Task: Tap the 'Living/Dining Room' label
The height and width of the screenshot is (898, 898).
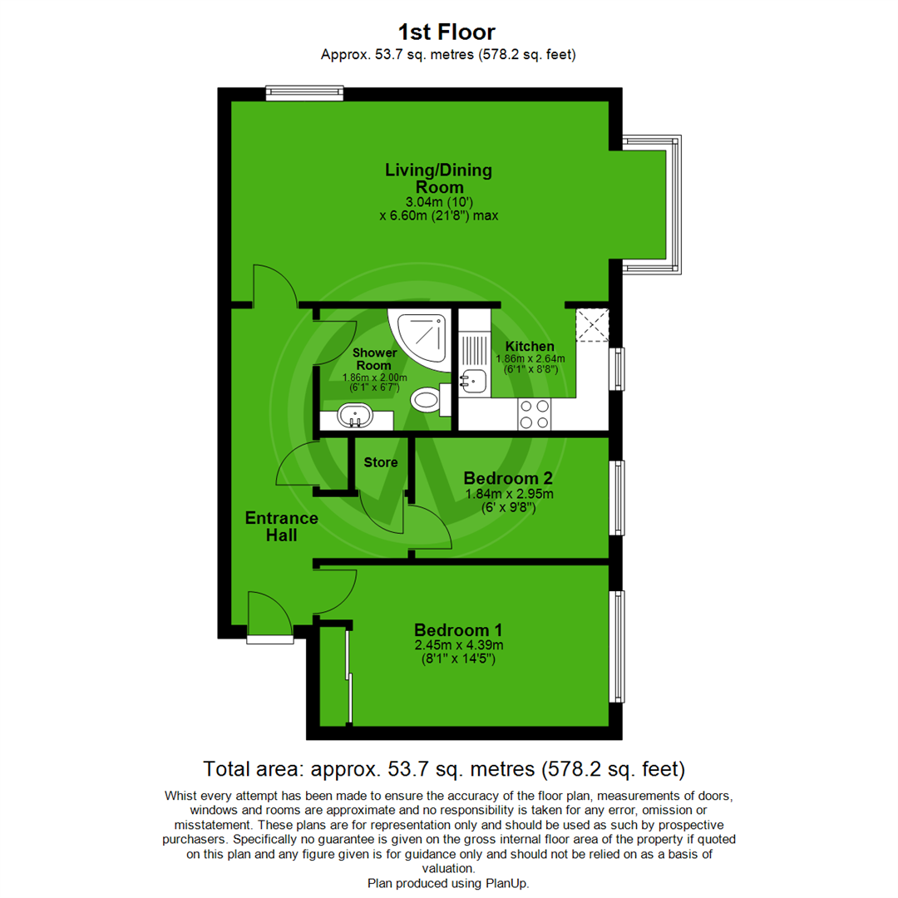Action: pyautogui.click(x=438, y=179)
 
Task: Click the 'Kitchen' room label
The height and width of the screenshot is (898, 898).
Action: pyautogui.click(x=530, y=346)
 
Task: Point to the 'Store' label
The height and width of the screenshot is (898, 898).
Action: pyautogui.click(x=381, y=461)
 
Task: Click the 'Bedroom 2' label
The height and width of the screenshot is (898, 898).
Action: pyautogui.click(x=508, y=479)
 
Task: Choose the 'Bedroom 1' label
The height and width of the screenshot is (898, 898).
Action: pyautogui.click(x=458, y=630)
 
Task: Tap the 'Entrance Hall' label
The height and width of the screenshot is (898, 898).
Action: pyautogui.click(x=281, y=527)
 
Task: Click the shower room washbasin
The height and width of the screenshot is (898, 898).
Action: pyautogui.click(x=357, y=413)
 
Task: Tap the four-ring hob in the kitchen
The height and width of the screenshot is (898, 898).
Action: pyautogui.click(x=533, y=414)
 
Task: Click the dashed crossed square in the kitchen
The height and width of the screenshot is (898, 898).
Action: pyautogui.click(x=593, y=324)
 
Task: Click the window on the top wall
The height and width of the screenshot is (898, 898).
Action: pyautogui.click(x=304, y=93)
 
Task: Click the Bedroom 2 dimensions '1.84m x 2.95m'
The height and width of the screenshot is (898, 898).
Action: pyautogui.click(x=508, y=494)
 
